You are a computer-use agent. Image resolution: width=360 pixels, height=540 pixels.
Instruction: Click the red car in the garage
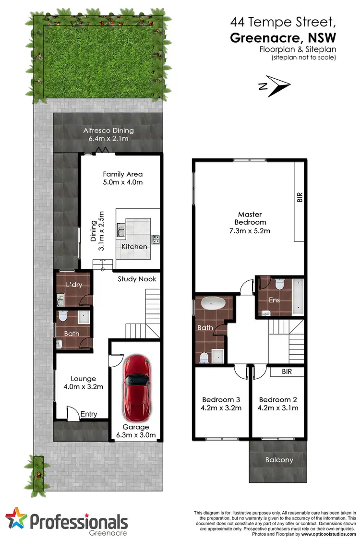coord(136,386)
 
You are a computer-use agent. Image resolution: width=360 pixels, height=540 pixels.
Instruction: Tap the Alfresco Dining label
coord(108,131)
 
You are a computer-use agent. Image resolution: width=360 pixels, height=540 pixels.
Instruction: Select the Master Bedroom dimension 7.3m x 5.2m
coord(250,231)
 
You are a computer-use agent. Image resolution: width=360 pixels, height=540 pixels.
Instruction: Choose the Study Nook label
coord(137,278)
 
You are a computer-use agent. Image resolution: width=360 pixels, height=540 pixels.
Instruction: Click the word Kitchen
coord(134,246)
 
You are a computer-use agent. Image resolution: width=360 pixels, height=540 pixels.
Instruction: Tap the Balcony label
coord(279,460)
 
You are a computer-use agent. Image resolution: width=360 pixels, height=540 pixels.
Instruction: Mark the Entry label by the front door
coord(89,414)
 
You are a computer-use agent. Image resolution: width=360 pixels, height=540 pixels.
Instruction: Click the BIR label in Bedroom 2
coord(287,372)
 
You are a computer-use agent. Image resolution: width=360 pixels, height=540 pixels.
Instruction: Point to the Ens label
coord(274,300)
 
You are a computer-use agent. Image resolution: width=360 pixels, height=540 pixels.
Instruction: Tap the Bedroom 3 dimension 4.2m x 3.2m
coord(221,408)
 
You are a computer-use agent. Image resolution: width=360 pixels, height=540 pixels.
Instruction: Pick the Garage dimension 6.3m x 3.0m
coord(136,435)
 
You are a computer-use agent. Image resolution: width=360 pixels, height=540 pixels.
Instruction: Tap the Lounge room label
coord(83,378)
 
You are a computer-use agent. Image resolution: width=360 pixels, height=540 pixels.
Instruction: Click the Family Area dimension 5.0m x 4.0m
coord(123,182)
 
